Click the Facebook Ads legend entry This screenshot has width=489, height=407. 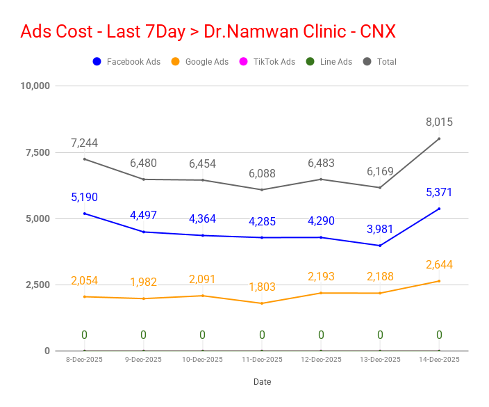click(126, 62)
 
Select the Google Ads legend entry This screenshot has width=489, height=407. click(200, 62)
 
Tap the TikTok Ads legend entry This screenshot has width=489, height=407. click(267, 62)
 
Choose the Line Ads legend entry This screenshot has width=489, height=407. click(329, 62)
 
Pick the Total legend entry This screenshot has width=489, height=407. click(380, 62)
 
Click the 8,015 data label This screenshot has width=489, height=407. click(439, 122)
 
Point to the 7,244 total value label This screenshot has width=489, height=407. click(84, 143)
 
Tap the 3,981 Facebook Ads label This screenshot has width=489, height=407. click(380, 229)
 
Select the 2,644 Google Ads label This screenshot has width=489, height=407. click(439, 264)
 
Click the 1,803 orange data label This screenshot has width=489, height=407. click(262, 287)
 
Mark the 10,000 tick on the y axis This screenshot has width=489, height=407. click(35, 86)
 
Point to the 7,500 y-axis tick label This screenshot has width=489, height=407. click(38, 152)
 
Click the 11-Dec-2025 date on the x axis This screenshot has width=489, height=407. click(262, 360)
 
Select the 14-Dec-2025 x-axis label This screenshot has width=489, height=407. click(439, 360)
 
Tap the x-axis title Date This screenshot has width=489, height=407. click(263, 382)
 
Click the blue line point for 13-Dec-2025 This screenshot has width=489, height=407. click(380, 246)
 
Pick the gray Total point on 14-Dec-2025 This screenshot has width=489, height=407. click(439, 138)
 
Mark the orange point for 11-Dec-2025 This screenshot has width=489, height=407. click(262, 303)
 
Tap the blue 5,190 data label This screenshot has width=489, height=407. click(84, 197)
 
